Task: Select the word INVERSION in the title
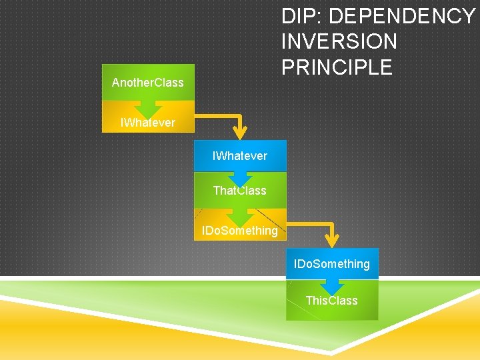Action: pos(339,42)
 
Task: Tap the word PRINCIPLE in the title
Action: pos(337,67)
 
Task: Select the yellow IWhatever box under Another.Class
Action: pos(148,123)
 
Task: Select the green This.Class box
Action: pos(332,301)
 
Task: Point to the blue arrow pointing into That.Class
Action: pos(240,177)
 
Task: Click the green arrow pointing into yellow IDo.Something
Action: pos(240,216)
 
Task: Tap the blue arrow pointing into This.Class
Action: pos(332,285)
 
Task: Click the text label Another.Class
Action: pos(148,83)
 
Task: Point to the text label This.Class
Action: pos(332,301)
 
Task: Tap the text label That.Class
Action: pos(240,191)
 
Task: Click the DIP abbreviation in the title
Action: pos(302,16)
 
